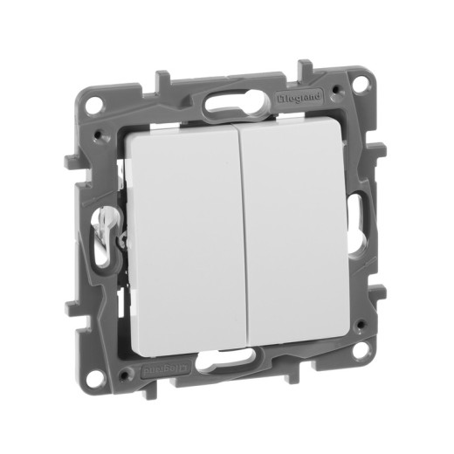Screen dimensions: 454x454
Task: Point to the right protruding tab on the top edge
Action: (x=306, y=67)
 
